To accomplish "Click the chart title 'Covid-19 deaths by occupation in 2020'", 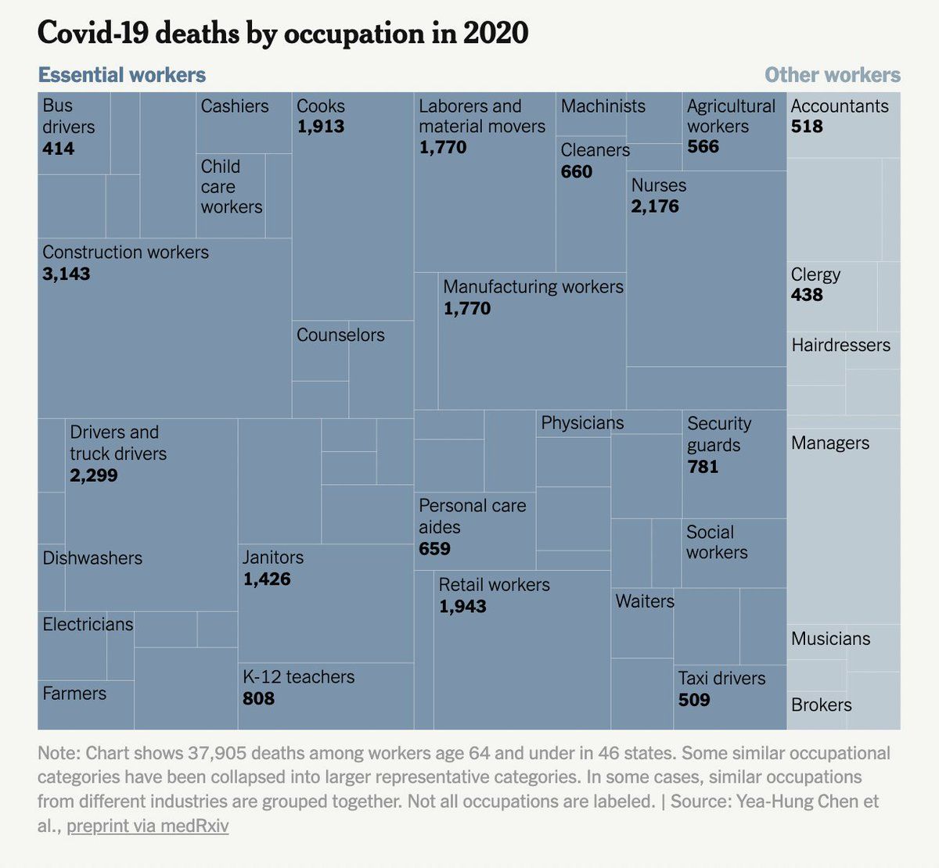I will (x=282, y=34).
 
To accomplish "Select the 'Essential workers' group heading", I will (x=122, y=75).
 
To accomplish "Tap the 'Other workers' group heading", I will (x=832, y=75).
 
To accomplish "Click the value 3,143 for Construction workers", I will (x=67, y=274).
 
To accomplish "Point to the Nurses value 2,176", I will (x=655, y=206).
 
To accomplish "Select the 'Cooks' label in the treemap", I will (x=321, y=106).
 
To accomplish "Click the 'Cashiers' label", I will (x=235, y=106).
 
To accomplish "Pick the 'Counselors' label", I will (x=340, y=335).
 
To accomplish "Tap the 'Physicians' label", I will (x=582, y=423).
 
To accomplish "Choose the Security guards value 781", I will (x=703, y=467).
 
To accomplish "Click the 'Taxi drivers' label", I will (x=721, y=678).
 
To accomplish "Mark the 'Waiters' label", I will (x=645, y=601).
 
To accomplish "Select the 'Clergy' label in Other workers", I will (x=815, y=274).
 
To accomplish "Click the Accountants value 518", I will (x=807, y=127).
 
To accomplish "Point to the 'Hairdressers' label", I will (x=840, y=345).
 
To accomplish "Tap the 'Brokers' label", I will (x=821, y=705).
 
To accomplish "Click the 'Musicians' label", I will (x=830, y=638).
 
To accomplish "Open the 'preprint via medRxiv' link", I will (x=148, y=826).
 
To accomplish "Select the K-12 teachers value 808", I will (x=258, y=698).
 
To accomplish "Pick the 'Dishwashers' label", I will (x=92, y=558).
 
